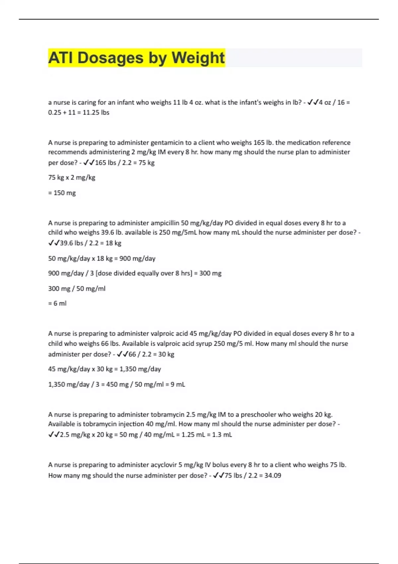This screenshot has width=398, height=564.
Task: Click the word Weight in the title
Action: tap(198, 58)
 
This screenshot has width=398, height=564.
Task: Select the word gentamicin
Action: tap(167, 143)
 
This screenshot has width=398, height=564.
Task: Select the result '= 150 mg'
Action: tap(62, 193)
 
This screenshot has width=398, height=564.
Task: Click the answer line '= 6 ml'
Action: tap(57, 303)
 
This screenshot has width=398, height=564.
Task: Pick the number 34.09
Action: tap(273, 475)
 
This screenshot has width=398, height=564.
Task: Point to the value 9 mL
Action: tap(178, 385)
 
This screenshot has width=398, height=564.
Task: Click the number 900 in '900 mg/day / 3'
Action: tap(54, 273)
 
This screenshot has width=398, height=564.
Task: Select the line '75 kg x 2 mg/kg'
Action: tap(72, 177)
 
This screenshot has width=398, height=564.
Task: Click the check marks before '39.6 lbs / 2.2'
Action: tap(54, 243)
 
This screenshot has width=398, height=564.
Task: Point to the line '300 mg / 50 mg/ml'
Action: tap(77, 289)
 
